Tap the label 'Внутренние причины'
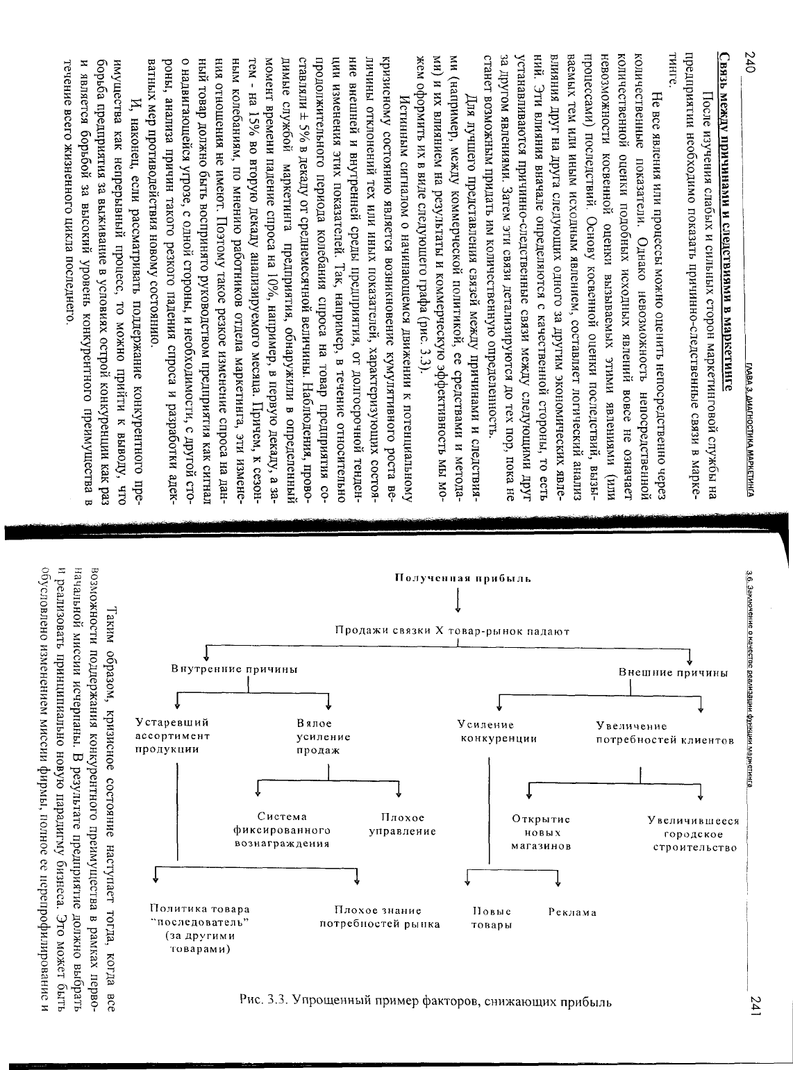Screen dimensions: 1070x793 235,669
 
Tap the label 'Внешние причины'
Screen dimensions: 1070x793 673,673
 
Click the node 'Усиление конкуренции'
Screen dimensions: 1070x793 499,732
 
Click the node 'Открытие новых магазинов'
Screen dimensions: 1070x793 541,833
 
